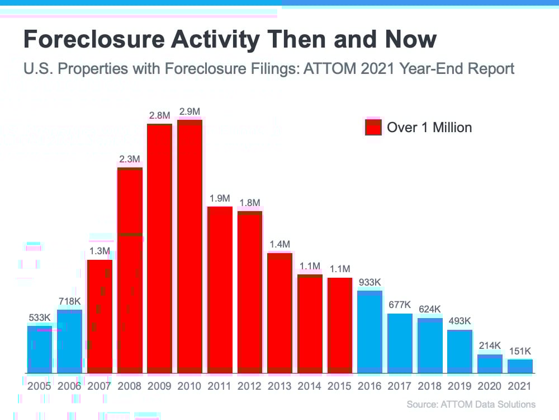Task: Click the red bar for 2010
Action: (190, 246)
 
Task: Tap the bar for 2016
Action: (369, 331)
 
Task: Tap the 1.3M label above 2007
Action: (99, 251)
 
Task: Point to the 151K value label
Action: (520, 351)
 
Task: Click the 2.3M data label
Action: (130, 159)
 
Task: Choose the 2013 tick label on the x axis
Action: (279, 386)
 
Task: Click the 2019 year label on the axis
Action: (459, 386)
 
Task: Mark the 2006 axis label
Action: (69, 386)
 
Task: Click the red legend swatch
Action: (373, 127)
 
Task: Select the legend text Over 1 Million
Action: (429, 128)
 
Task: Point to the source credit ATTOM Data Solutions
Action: (471, 404)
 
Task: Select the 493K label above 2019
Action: (459, 321)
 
